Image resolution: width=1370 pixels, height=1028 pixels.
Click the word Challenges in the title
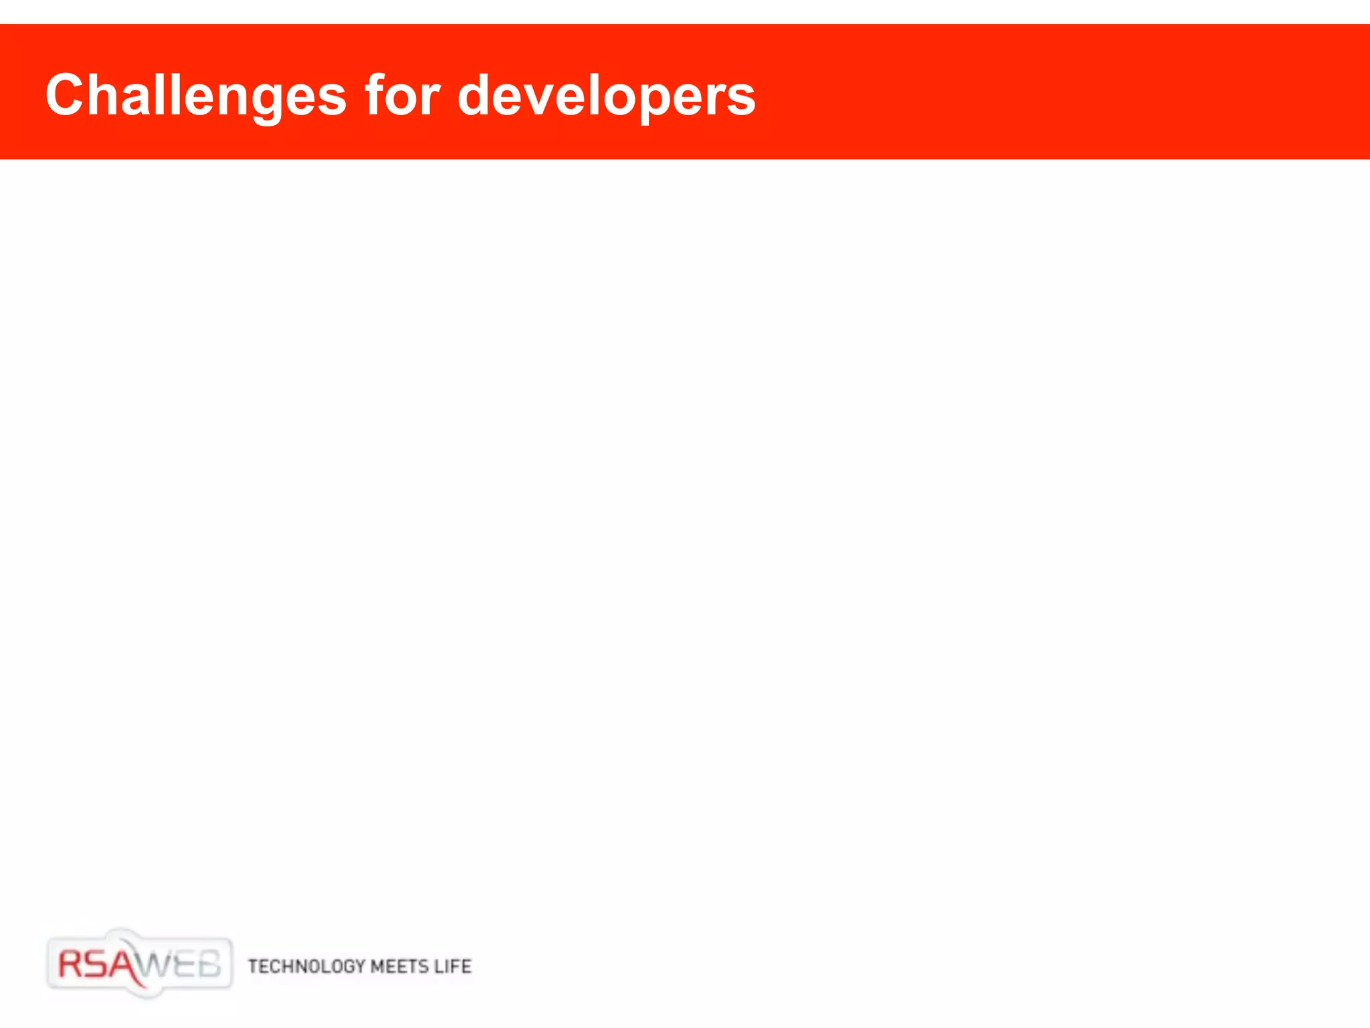195,95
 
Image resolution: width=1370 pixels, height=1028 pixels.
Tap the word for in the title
402,95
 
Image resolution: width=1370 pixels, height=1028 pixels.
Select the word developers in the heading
606,95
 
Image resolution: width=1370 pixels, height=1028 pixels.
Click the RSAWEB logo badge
140,964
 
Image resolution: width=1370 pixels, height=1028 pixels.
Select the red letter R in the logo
71,964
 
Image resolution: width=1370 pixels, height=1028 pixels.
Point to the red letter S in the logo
98,964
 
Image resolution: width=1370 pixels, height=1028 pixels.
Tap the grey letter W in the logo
158,966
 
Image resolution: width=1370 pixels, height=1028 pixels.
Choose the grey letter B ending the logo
209,965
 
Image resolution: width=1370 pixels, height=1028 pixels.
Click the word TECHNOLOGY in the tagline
306,966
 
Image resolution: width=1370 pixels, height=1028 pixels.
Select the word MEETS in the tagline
399,966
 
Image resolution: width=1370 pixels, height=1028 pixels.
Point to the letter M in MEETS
377,966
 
